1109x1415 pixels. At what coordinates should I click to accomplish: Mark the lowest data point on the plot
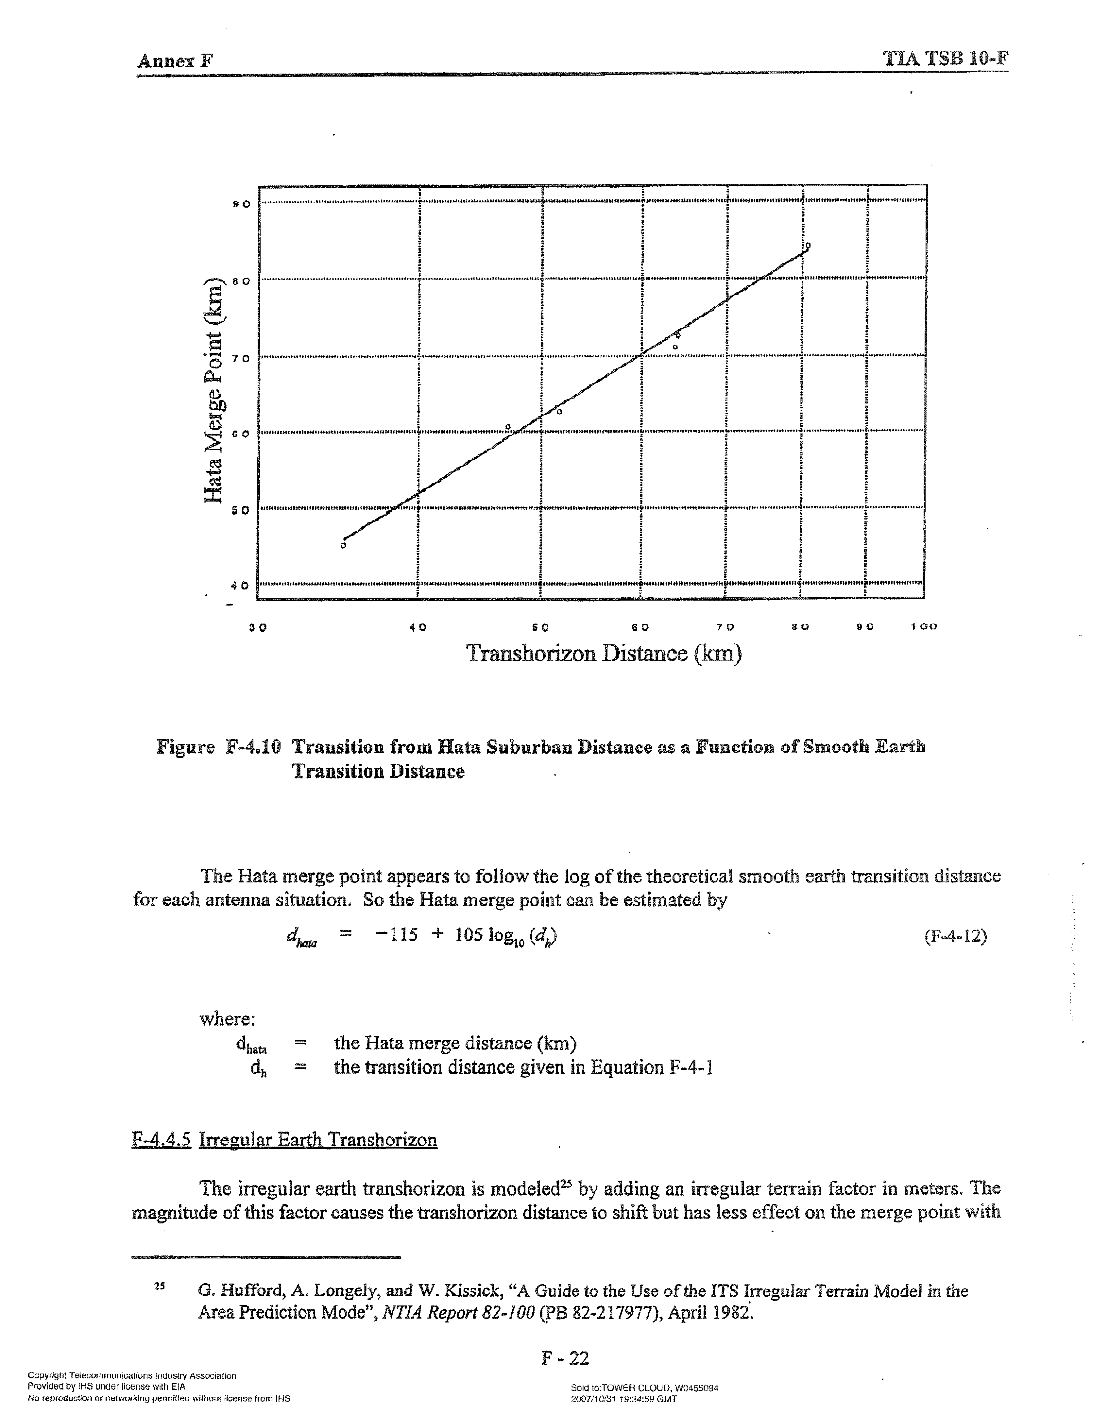[x=344, y=545]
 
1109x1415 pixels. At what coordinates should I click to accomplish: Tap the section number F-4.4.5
[x=161, y=1140]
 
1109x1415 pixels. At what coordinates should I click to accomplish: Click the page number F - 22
[x=565, y=1358]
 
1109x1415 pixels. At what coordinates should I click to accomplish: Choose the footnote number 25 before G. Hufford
[x=160, y=1286]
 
